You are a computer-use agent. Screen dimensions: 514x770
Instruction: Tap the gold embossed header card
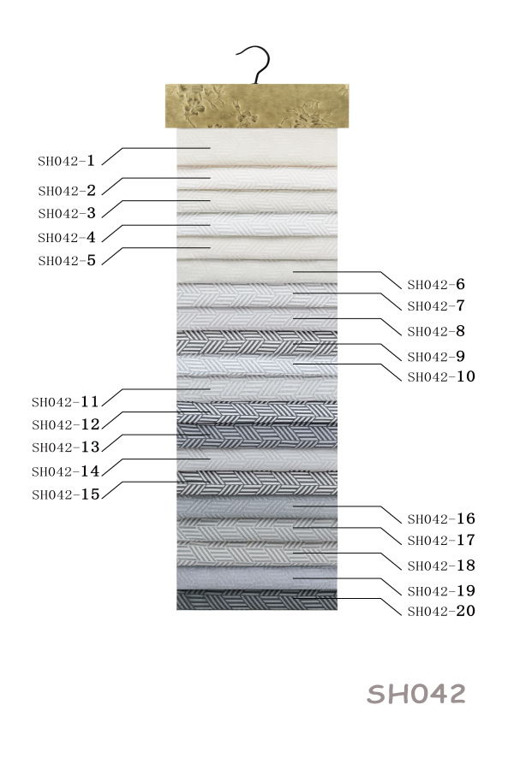[257, 105]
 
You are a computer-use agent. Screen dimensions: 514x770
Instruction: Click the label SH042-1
[67, 161]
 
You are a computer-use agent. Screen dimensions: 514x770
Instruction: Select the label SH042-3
[67, 213]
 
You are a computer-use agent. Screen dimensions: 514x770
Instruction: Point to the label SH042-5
[67, 260]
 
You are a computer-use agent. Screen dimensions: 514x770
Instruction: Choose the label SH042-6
[436, 284]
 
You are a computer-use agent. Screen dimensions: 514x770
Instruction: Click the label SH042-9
[436, 357]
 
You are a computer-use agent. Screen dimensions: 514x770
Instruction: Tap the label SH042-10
[441, 376]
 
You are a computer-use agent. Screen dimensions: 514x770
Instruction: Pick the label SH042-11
[65, 402]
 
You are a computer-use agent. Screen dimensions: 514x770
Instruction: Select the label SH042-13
[65, 447]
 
